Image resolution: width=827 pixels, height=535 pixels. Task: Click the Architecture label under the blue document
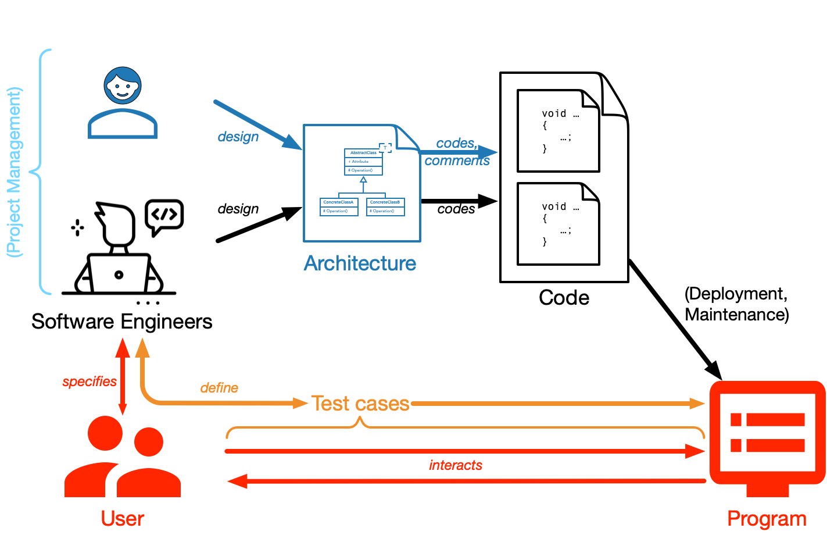(360, 263)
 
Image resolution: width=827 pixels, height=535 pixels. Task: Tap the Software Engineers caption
(121, 322)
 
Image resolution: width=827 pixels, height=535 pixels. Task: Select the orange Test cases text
(360, 404)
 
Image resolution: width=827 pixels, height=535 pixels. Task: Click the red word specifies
(89, 381)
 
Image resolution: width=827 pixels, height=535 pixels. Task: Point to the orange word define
(219, 388)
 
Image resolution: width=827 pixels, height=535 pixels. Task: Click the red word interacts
(456, 465)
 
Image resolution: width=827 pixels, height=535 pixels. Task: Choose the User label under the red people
(122, 518)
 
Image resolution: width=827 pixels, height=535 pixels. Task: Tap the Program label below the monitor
(767, 519)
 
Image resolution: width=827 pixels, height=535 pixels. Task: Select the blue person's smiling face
(123, 86)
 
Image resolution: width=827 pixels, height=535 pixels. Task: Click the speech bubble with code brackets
(164, 216)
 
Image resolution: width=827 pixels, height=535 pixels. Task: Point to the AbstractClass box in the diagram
(363, 161)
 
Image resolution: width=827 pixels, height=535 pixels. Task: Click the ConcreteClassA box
(339, 206)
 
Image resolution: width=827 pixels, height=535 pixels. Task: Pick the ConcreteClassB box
(385, 206)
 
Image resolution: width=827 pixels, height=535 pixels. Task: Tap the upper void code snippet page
(558, 131)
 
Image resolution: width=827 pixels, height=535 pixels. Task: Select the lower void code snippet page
(558, 224)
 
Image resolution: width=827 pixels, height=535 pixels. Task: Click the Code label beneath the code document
(564, 298)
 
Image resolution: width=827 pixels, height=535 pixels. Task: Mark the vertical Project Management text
(15, 172)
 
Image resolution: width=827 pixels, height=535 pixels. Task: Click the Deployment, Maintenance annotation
(736, 304)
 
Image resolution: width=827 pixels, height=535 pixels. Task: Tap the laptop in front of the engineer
(119, 274)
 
